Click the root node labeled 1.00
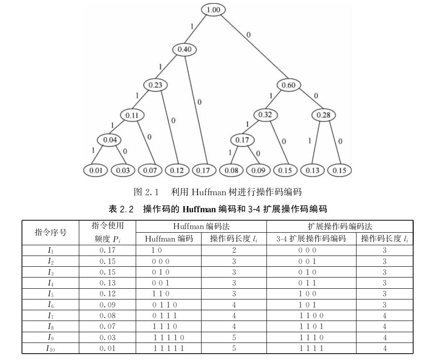[x=213, y=9]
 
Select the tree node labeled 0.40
[x=185, y=49]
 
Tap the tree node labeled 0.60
[x=289, y=85]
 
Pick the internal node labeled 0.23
[x=155, y=85]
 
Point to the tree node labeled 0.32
[x=265, y=115]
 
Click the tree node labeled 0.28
[x=323, y=115]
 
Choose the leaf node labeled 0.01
[x=96, y=170]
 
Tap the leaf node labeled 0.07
[x=150, y=170]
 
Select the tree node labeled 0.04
[x=110, y=140]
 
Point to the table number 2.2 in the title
[x=128, y=209]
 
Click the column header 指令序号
[x=51, y=232]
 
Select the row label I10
[x=51, y=348]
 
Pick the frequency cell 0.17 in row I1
[x=107, y=251]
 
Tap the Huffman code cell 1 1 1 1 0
[x=169, y=338]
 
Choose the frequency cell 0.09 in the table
[x=107, y=305]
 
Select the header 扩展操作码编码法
[x=339, y=226]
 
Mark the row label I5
[x=51, y=294]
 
